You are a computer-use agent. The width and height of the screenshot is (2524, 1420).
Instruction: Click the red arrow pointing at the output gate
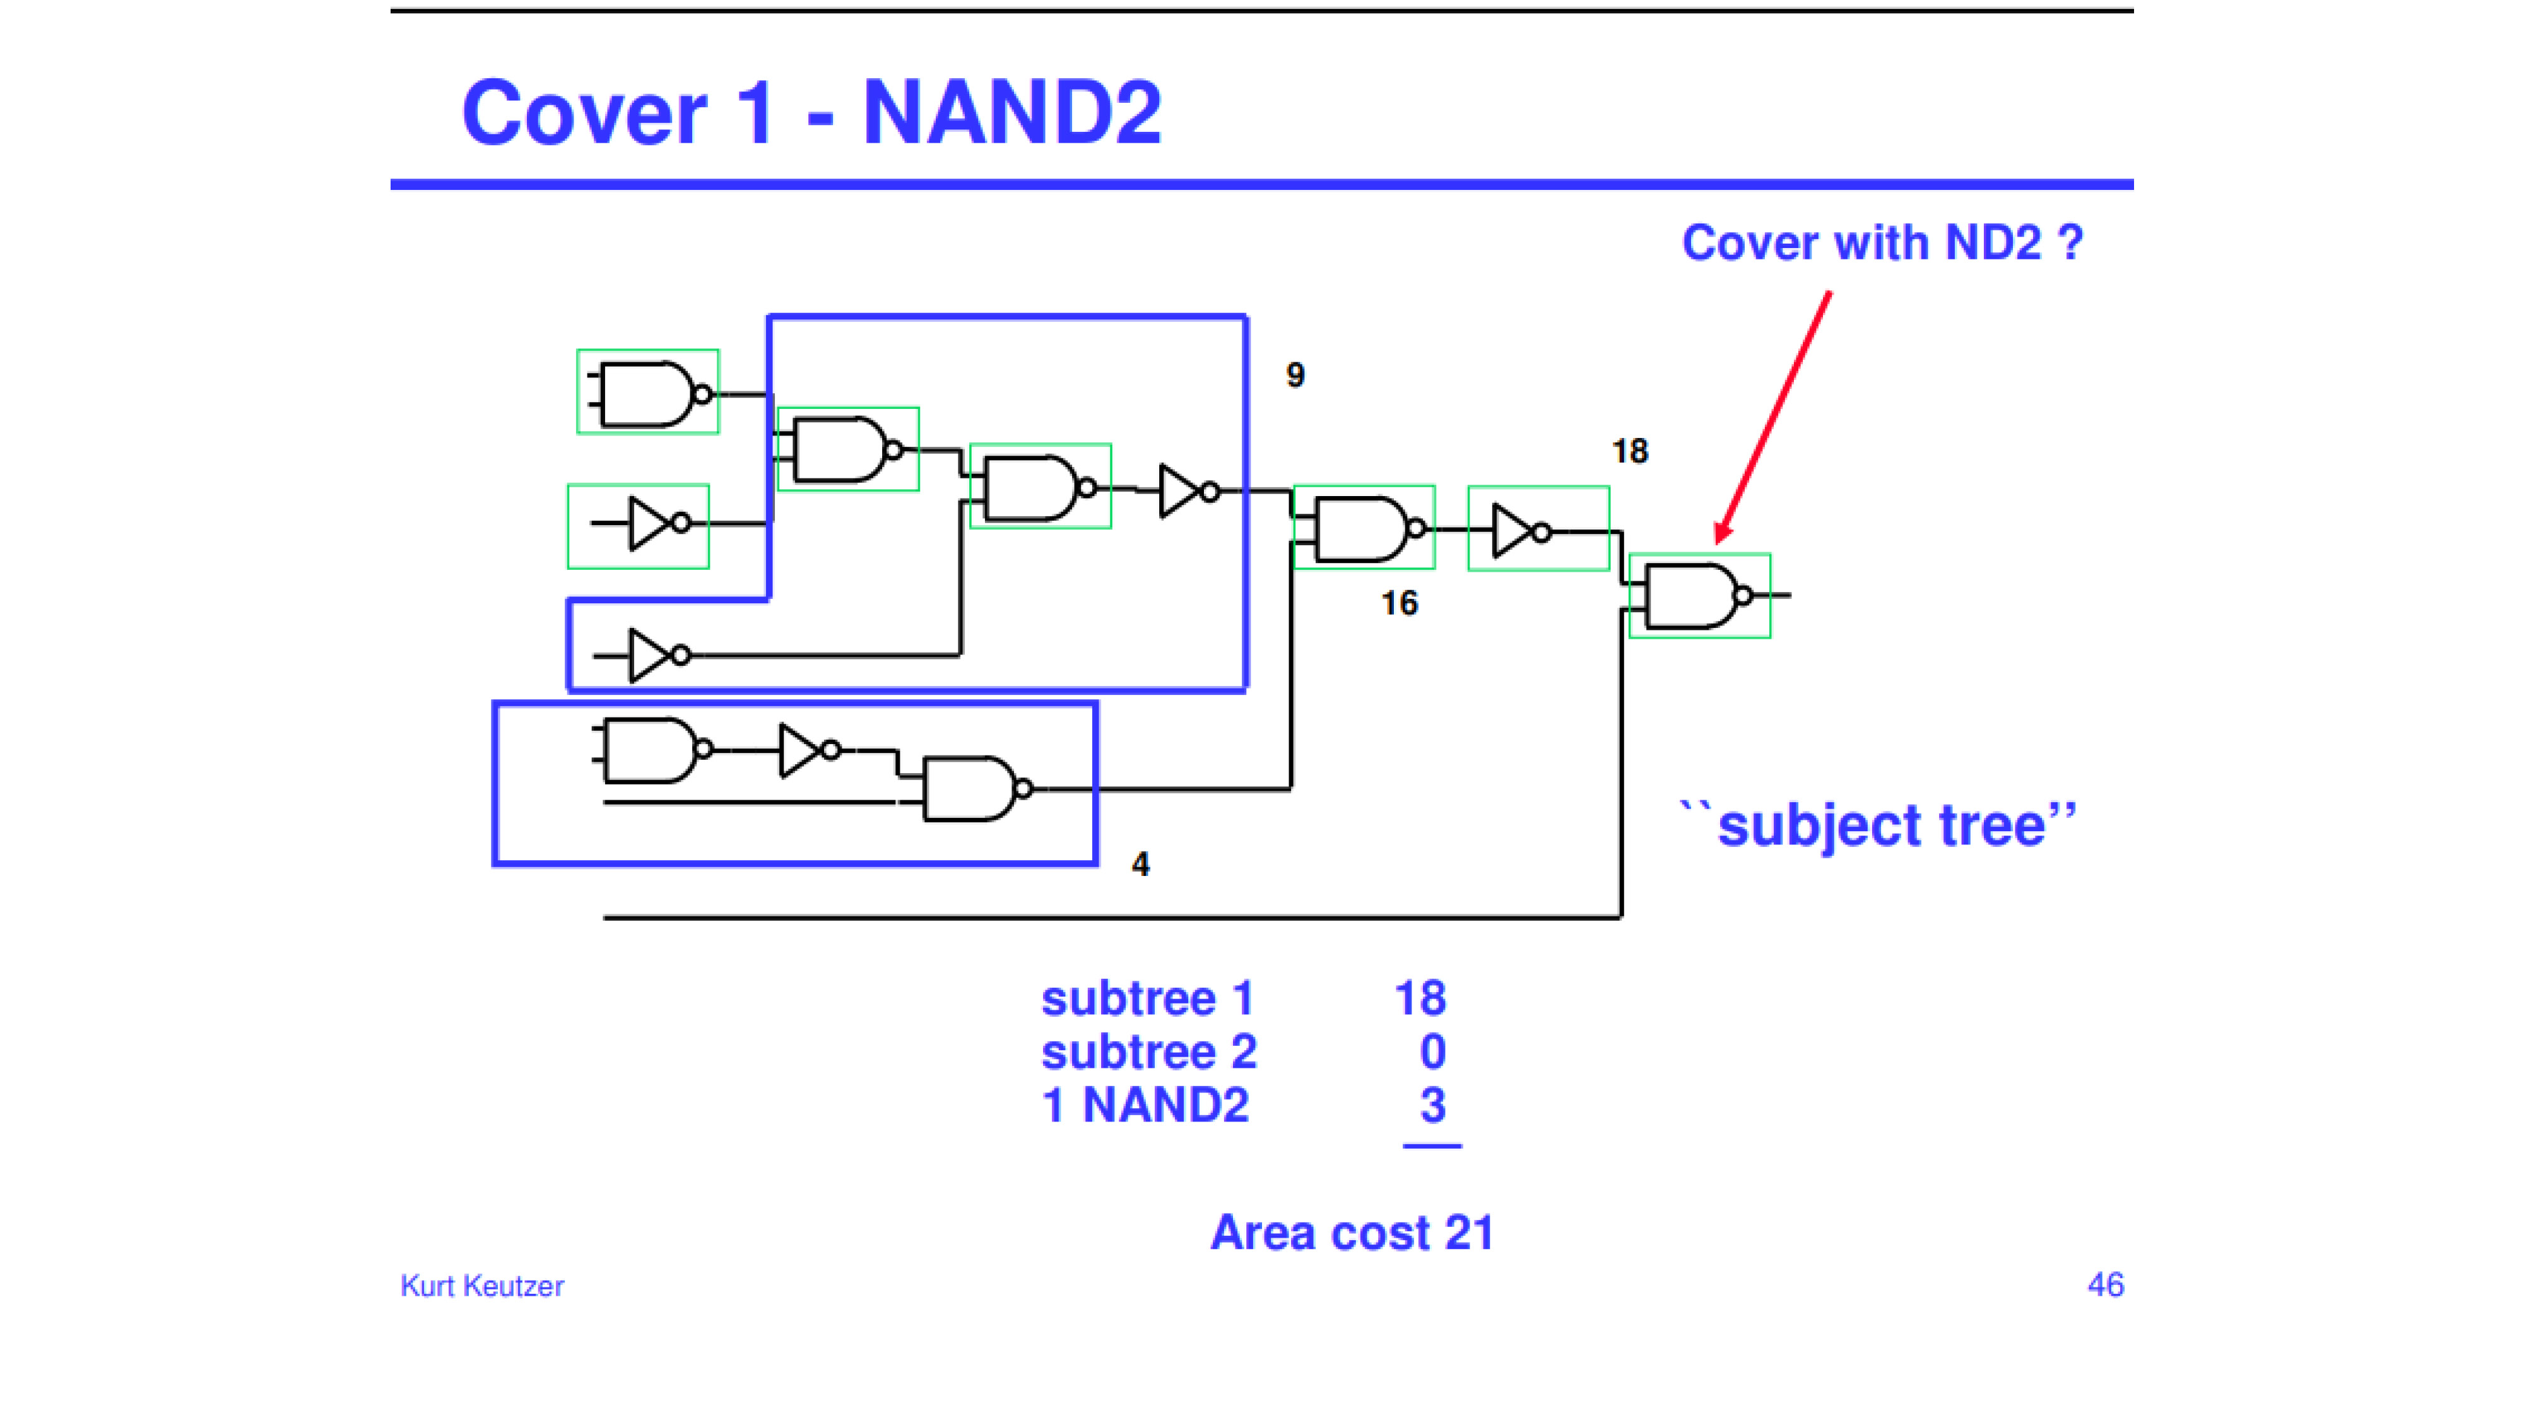tap(1772, 417)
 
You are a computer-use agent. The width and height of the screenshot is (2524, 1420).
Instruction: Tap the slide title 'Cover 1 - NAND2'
tap(811, 113)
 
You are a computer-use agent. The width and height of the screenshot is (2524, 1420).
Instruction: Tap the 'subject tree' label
tap(1878, 824)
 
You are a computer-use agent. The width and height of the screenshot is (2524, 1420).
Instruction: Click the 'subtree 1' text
tap(1147, 998)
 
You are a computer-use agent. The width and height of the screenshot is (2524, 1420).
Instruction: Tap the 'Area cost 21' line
tap(1352, 1232)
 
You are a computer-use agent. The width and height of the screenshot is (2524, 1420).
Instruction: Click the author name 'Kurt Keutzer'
tap(482, 1286)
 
